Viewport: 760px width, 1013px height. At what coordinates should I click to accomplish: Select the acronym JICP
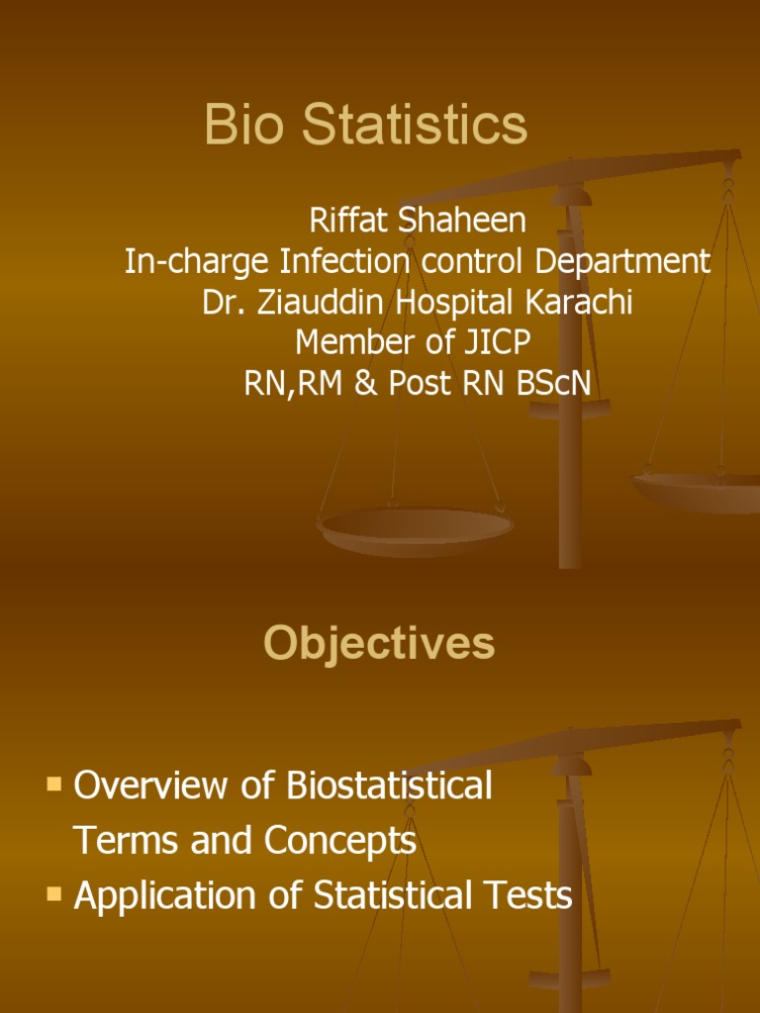click(495, 342)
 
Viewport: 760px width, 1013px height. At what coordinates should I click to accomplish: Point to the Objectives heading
click(379, 644)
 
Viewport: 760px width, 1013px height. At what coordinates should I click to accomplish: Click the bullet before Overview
click(54, 785)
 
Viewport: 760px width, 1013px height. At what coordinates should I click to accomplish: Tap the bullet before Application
click(54, 895)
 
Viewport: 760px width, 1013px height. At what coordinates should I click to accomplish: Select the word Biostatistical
click(390, 785)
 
